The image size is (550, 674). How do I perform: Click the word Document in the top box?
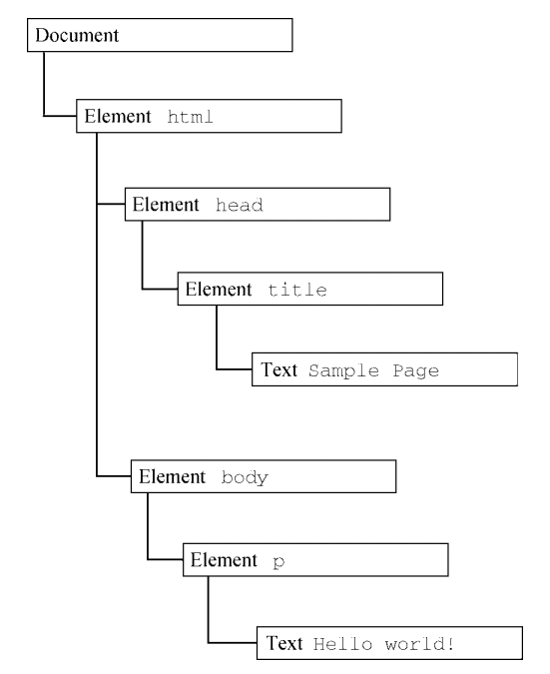pyautogui.click(x=77, y=35)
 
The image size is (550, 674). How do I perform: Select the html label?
pyautogui.click(x=190, y=117)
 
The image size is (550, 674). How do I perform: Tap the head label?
pyautogui.click(x=240, y=205)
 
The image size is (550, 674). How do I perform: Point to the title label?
pyautogui.click(x=297, y=290)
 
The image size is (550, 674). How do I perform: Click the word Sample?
pyautogui.click(x=343, y=370)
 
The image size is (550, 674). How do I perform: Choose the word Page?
pyautogui.click(x=416, y=371)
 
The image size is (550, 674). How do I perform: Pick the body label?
pyautogui.click(x=245, y=477)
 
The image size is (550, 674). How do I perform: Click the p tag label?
pyautogui.click(x=278, y=562)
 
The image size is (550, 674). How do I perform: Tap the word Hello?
pyautogui.click(x=342, y=644)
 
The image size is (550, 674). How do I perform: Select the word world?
pyautogui.click(x=419, y=644)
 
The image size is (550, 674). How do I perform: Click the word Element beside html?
pyautogui.click(x=118, y=117)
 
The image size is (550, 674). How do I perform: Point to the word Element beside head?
pyautogui.click(x=166, y=205)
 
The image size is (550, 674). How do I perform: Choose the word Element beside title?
pyautogui.click(x=219, y=290)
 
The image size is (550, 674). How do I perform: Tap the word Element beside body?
pyautogui.click(x=173, y=476)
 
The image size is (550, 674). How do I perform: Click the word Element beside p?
pyautogui.click(x=224, y=560)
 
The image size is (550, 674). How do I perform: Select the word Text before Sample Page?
pyautogui.click(x=278, y=369)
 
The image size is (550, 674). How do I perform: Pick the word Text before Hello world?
pyautogui.click(x=284, y=643)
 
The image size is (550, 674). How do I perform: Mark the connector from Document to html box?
pyautogui.click(x=44, y=100)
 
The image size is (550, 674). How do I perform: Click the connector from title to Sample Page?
pyautogui.click(x=217, y=353)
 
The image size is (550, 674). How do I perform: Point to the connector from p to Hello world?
pyautogui.click(x=209, y=625)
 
